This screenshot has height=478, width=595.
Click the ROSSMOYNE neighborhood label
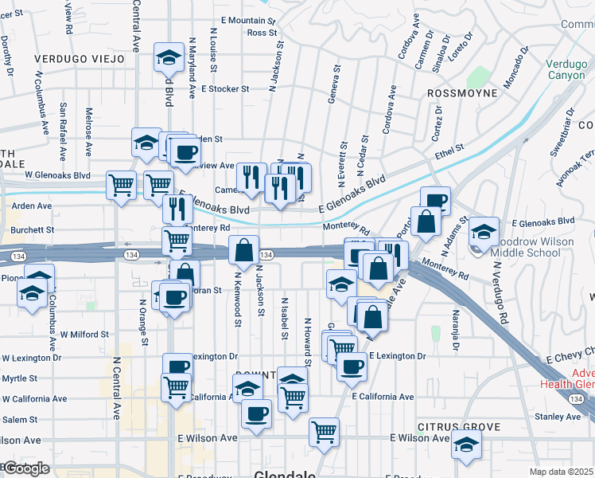(x=462, y=93)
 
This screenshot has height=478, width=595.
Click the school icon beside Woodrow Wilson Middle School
(x=483, y=231)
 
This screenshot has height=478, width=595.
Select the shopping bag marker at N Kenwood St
(x=243, y=249)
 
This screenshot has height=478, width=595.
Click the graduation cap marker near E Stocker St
(x=168, y=56)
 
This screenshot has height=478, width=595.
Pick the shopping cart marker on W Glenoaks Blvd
(x=121, y=186)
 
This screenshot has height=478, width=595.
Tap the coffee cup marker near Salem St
(x=256, y=413)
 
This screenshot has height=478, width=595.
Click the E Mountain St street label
(x=248, y=20)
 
